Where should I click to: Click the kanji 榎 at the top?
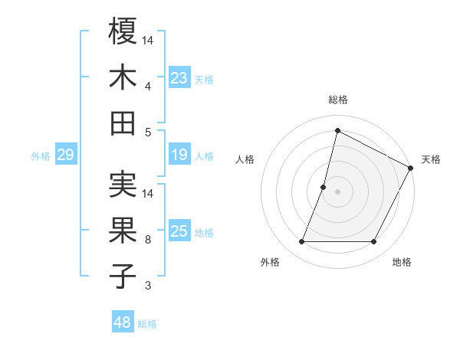coord(123,31)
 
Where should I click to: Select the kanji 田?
coord(123,123)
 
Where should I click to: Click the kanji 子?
coord(123,276)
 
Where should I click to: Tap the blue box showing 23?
coord(179,77)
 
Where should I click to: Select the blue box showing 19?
coord(179,155)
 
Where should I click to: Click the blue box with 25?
coord(179,232)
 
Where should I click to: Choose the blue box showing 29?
coord(65,155)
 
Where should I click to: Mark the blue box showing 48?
coord(123,322)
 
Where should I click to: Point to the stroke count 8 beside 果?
coord(148,240)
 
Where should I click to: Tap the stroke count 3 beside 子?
coord(148,286)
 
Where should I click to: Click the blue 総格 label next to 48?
coord(147,324)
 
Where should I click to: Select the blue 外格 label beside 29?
coord(41,156)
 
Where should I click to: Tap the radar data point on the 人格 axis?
coord(324,187)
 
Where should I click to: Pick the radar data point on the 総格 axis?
coord(337,130)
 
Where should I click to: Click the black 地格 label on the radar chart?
coord(402,262)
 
